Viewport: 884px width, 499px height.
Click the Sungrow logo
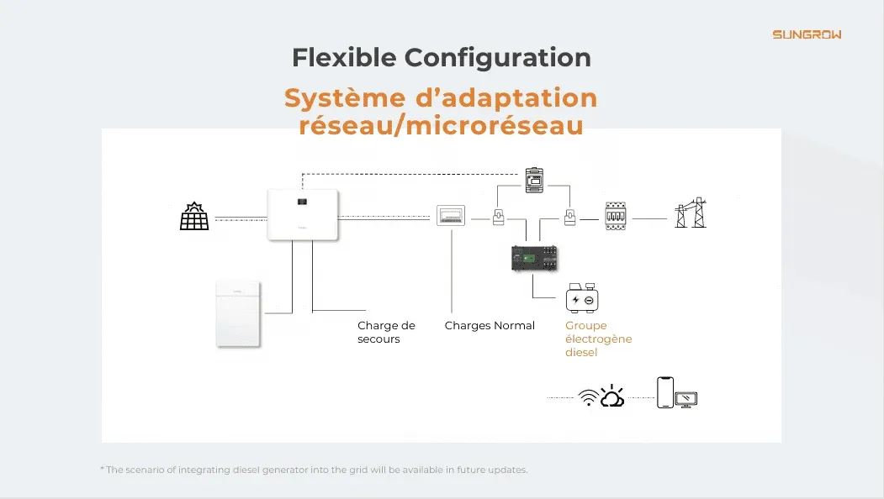(807, 34)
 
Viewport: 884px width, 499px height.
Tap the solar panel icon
(194, 217)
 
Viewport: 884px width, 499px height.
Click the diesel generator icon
(582, 298)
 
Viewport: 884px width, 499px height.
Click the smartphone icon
(665, 391)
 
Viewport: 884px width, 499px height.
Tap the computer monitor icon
(688, 399)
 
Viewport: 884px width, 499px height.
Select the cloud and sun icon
(612, 397)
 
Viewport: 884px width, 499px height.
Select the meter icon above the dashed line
(535, 180)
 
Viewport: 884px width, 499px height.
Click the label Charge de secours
(386, 333)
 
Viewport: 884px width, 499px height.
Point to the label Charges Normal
(490, 326)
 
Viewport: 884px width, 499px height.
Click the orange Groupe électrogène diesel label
(598, 339)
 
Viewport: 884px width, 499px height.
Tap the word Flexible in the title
(344, 58)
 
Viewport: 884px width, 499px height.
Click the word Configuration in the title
(497, 58)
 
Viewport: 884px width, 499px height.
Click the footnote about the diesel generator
(314, 470)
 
